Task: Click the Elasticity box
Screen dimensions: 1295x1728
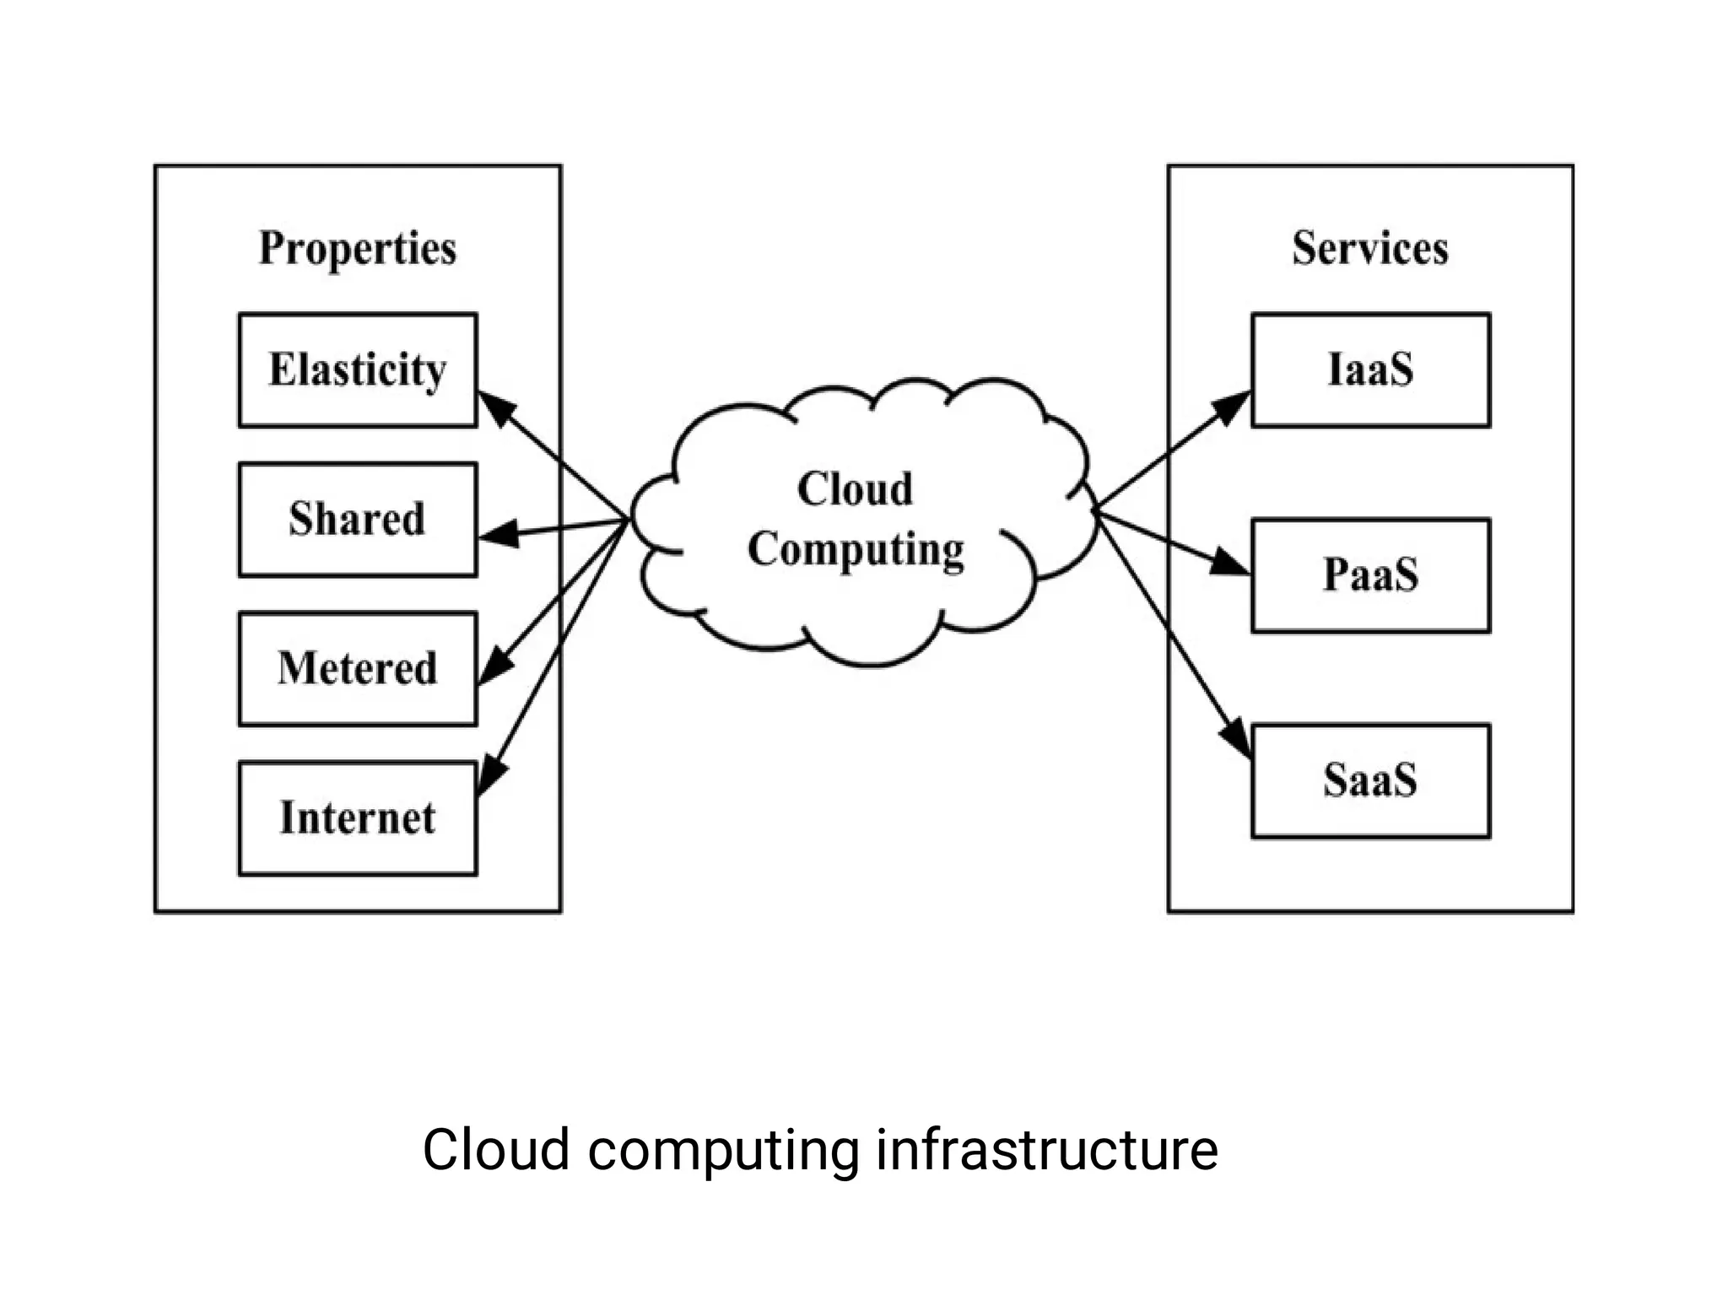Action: click(x=358, y=370)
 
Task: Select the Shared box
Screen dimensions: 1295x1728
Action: click(x=358, y=520)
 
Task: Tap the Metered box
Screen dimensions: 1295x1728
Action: click(x=358, y=669)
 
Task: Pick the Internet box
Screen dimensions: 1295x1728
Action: click(x=358, y=818)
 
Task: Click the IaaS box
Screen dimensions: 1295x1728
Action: click(x=1370, y=370)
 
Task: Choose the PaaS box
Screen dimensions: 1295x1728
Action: click(x=1370, y=575)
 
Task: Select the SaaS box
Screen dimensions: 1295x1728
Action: click(x=1370, y=780)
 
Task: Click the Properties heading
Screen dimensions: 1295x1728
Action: click(x=358, y=248)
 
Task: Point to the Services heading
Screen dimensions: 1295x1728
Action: click(x=1370, y=248)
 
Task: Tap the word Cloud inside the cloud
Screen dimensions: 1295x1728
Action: click(x=855, y=489)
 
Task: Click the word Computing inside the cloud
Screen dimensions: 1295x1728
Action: click(x=856, y=550)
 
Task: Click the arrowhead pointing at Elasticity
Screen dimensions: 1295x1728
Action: click(x=496, y=407)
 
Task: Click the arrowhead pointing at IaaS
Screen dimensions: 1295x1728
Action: click(x=1233, y=406)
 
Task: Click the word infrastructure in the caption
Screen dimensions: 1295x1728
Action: click(x=1046, y=1150)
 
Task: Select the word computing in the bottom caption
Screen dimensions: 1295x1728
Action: click(x=722, y=1150)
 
